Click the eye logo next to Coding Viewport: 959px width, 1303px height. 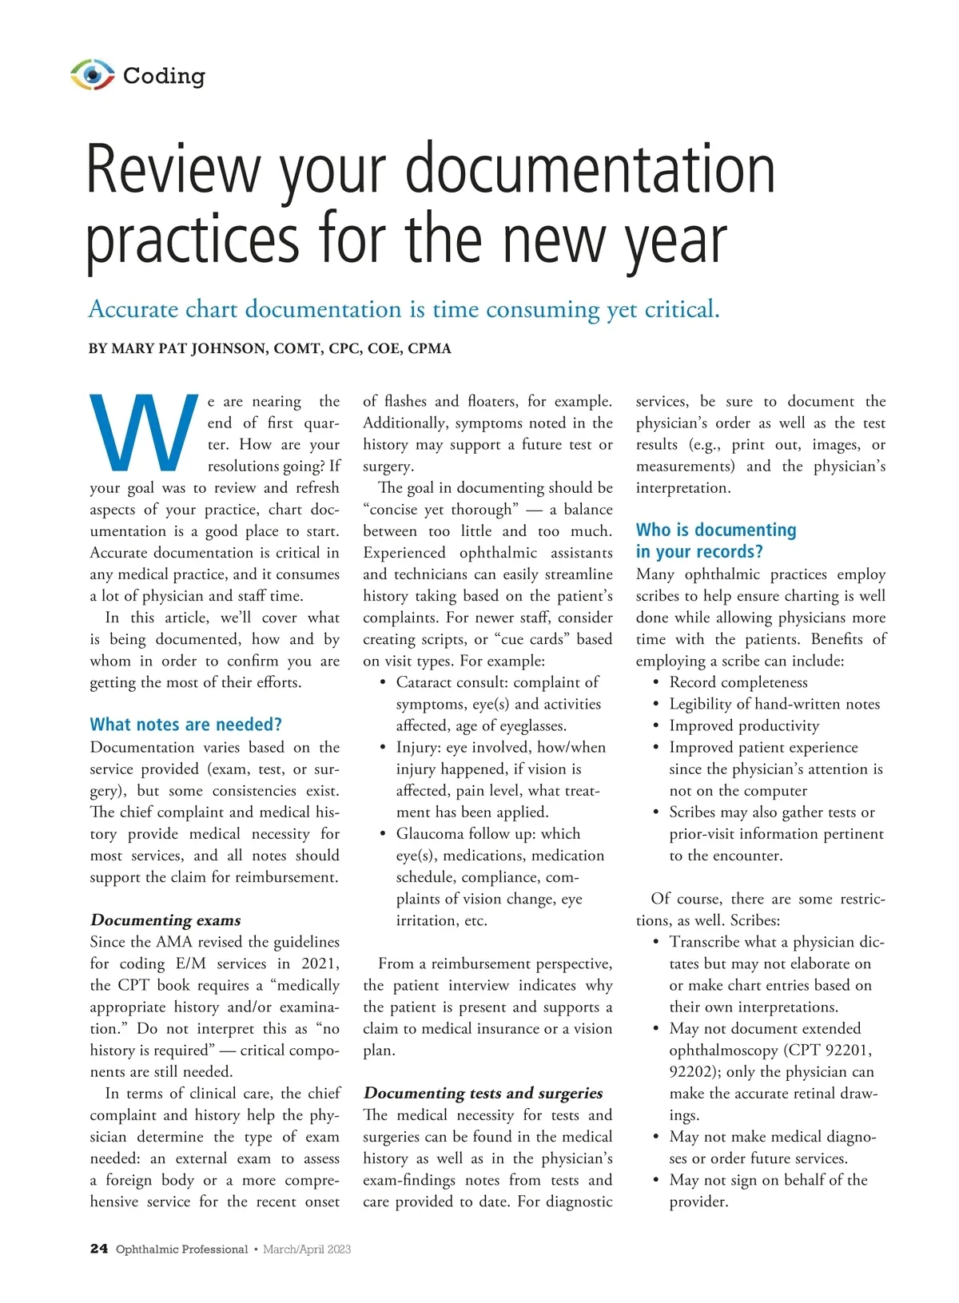pyautogui.click(x=93, y=75)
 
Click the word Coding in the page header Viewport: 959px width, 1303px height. pyautogui.click(x=164, y=76)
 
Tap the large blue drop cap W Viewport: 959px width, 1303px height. pyautogui.click(x=144, y=432)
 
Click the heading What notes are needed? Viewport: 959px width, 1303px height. pyautogui.click(x=185, y=725)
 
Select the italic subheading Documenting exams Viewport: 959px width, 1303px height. pyautogui.click(x=165, y=920)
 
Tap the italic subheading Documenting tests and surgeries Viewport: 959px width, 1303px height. pyautogui.click(x=483, y=1093)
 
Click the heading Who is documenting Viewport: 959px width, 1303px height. pyautogui.click(x=716, y=530)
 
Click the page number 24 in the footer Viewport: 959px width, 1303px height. pyautogui.click(x=98, y=1249)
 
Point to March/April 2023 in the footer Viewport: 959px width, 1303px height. pyautogui.click(x=307, y=1249)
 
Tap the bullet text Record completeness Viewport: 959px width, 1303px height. pyautogui.click(x=738, y=682)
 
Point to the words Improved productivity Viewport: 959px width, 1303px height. pyautogui.click(x=744, y=725)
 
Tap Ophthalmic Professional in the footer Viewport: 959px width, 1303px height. pyautogui.click(x=181, y=1249)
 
